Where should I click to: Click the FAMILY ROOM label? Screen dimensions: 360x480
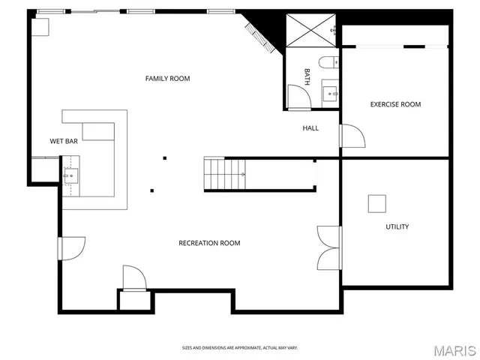(x=167, y=79)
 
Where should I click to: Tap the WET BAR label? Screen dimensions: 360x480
(x=64, y=141)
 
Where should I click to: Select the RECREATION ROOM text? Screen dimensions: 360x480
(x=209, y=243)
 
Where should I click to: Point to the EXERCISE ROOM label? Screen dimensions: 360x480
(x=395, y=104)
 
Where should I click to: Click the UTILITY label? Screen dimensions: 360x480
(x=397, y=226)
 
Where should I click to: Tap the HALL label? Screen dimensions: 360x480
(x=310, y=128)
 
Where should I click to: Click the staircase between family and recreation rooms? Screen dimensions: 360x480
(x=225, y=174)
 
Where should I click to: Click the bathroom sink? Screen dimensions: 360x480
(x=330, y=93)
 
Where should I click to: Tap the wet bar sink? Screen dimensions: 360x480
(x=70, y=176)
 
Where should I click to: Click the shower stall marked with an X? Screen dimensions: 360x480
(x=310, y=30)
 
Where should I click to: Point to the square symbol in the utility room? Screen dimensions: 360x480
(x=376, y=203)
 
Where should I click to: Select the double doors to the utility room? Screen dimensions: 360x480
(x=328, y=247)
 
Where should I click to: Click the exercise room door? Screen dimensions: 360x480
(x=351, y=136)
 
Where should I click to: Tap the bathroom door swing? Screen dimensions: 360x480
(x=298, y=96)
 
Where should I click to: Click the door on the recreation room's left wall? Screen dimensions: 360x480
(x=71, y=248)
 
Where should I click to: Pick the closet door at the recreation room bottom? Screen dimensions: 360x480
(x=135, y=278)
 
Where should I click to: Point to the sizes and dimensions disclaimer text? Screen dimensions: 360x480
(x=239, y=348)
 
